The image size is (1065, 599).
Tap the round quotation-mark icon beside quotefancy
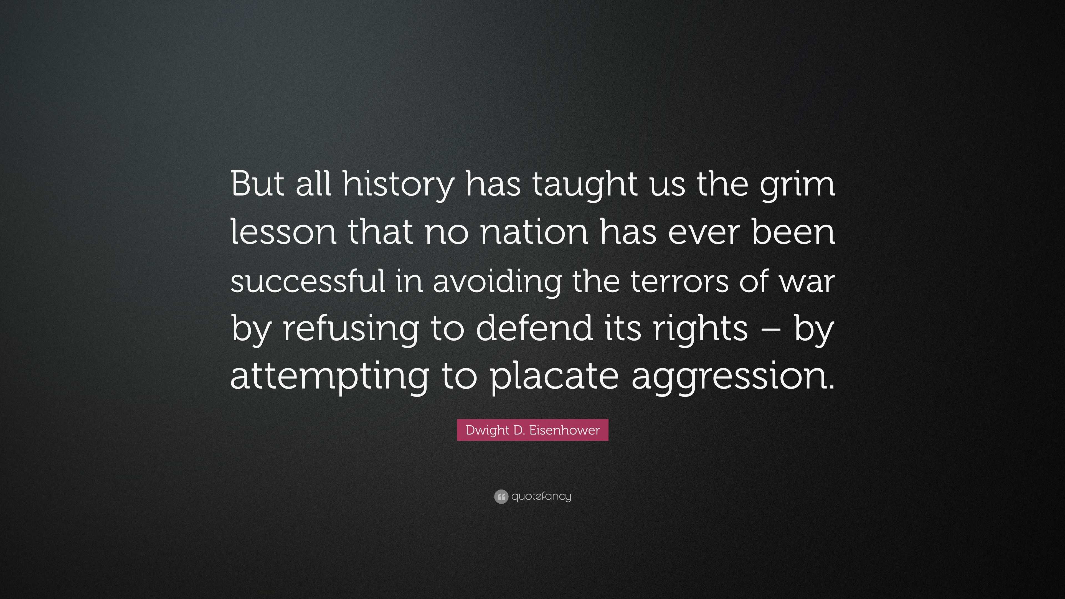coord(501,496)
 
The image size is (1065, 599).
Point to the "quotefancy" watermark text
coord(541,496)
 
